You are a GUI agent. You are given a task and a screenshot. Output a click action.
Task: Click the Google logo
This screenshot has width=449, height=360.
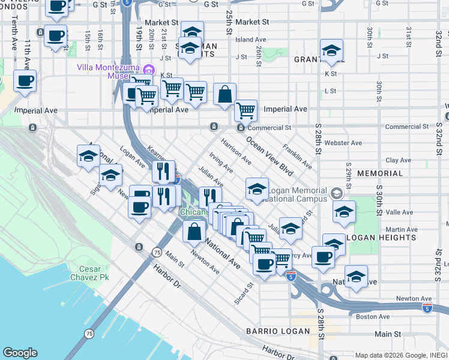(x=20, y=353)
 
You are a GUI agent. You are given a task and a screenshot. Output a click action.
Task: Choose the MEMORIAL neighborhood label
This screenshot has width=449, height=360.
(x=380, y=173)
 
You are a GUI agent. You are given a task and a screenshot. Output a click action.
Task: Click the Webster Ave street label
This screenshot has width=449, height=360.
(x=343, y=143)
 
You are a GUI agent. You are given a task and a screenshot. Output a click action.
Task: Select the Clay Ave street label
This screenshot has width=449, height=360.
(x=398, y=160)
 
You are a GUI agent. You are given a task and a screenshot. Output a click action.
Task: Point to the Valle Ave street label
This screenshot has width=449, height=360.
(x=400, y=212)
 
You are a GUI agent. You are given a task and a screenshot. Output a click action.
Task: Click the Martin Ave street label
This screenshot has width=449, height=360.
(x=402, y=229)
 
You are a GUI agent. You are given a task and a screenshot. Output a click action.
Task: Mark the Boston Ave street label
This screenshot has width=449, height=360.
(x=373, y=316)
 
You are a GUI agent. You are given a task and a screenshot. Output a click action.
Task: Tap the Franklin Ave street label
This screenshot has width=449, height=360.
(x=298, y=155)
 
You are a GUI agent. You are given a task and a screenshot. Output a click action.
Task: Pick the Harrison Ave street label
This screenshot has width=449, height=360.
(x=236, y=152)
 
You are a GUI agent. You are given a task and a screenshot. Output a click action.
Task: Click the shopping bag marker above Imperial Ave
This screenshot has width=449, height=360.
(x=224, y=94)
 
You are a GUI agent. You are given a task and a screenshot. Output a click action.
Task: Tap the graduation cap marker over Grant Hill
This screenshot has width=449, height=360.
(x=331, y=52)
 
